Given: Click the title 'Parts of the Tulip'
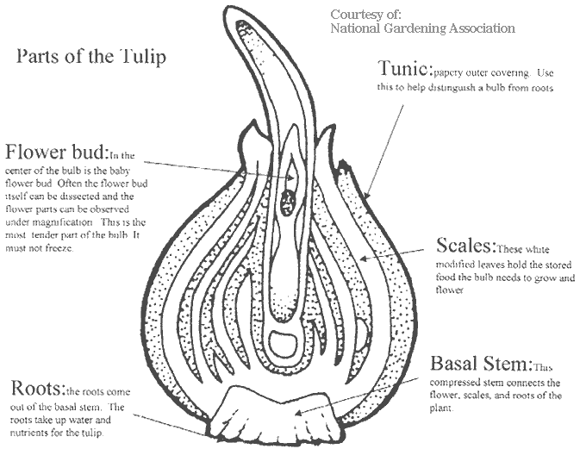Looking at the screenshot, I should [91, 58].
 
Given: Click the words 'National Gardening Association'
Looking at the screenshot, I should [422, 28].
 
